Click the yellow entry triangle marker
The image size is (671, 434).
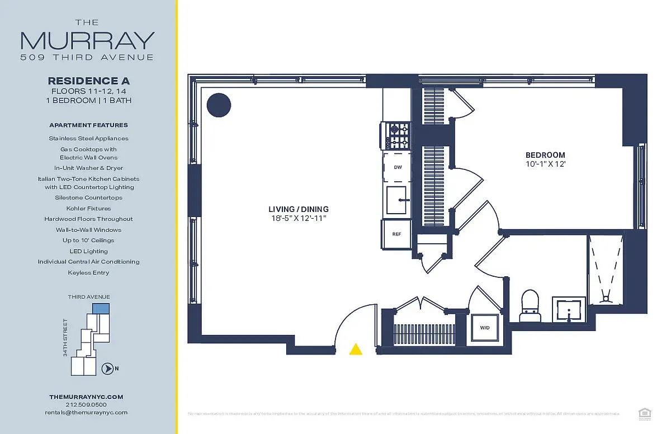point(356,350)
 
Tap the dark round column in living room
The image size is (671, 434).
point(219,105)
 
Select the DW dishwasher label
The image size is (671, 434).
point(398,167)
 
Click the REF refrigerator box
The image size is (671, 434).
point(396,234)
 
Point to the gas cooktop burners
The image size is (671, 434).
point(398,135)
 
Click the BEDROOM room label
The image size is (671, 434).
point(545,155)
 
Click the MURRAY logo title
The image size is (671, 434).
point(87,40)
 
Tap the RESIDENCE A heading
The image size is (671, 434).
point(89,81)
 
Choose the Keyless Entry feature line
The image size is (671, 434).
point(88,272)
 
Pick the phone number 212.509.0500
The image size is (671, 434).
point(86,404)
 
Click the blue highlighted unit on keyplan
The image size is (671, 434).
point(101,308)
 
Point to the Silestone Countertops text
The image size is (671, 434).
point(88,197)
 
